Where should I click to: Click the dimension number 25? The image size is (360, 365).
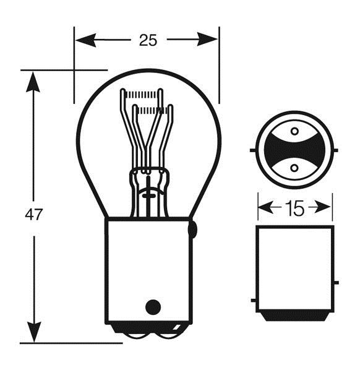pos(148,40)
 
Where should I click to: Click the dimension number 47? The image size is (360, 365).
pos(34,215)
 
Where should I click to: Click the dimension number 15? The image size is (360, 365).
pos(294,208)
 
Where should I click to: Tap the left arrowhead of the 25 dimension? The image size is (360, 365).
pos(85,40)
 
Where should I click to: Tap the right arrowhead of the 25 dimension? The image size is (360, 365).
pos(208,40)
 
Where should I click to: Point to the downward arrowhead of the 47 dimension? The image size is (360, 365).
pos(34,332)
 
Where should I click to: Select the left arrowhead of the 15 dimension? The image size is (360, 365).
pos(266,207)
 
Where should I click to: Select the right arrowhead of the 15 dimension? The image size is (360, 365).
pos(323,207)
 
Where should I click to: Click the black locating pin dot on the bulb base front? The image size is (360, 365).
pos(153,307)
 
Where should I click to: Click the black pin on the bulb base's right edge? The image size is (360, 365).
pos(193,230)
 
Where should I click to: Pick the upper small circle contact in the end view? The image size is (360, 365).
pos(294,131)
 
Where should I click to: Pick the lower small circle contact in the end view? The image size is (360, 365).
pos(294,168)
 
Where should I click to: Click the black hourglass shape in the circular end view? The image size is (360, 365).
pos(294,150)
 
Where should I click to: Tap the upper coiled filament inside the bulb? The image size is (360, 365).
pos(142,94)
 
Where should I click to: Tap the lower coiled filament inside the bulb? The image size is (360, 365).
pos(152,110)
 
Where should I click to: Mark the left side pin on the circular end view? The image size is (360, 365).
pos(253,150)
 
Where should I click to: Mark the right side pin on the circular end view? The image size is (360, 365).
pos(335,150)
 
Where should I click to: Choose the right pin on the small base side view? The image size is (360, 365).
pos(336,283)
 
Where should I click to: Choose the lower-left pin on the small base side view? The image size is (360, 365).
pos(254,301)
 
